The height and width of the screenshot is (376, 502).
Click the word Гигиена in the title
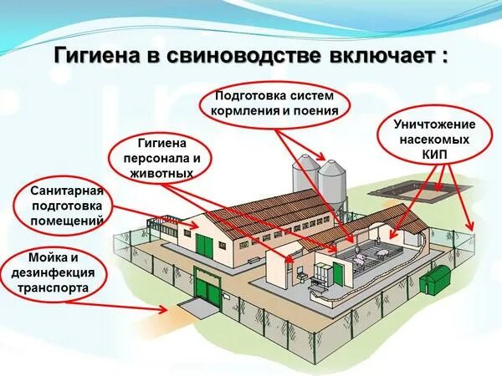(x=93, y=57)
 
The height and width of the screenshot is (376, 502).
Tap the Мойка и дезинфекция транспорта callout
(x=58, y=272)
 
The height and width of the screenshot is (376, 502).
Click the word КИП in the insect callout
(x=440, y=155)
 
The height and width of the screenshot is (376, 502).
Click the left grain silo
(x=306, y=179)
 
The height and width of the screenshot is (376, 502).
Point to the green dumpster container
(x=435, y=277)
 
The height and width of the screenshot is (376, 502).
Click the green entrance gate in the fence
(x=210, y=289)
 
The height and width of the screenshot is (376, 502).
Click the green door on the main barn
(x=205, y=246)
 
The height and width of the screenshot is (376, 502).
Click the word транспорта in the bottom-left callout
(x=58, y=287)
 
